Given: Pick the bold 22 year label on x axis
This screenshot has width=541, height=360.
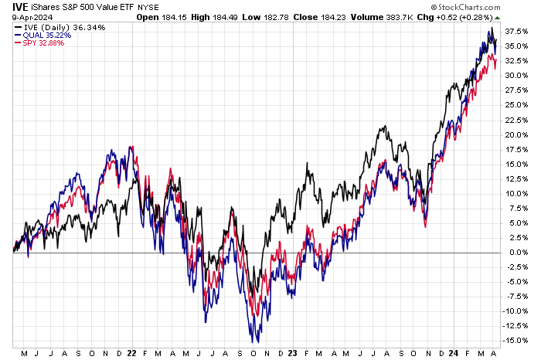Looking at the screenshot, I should click(131, 352).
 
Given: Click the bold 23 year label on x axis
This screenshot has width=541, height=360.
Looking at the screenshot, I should click(291, 352).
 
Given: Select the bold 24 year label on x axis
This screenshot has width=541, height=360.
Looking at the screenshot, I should click(451, 352).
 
